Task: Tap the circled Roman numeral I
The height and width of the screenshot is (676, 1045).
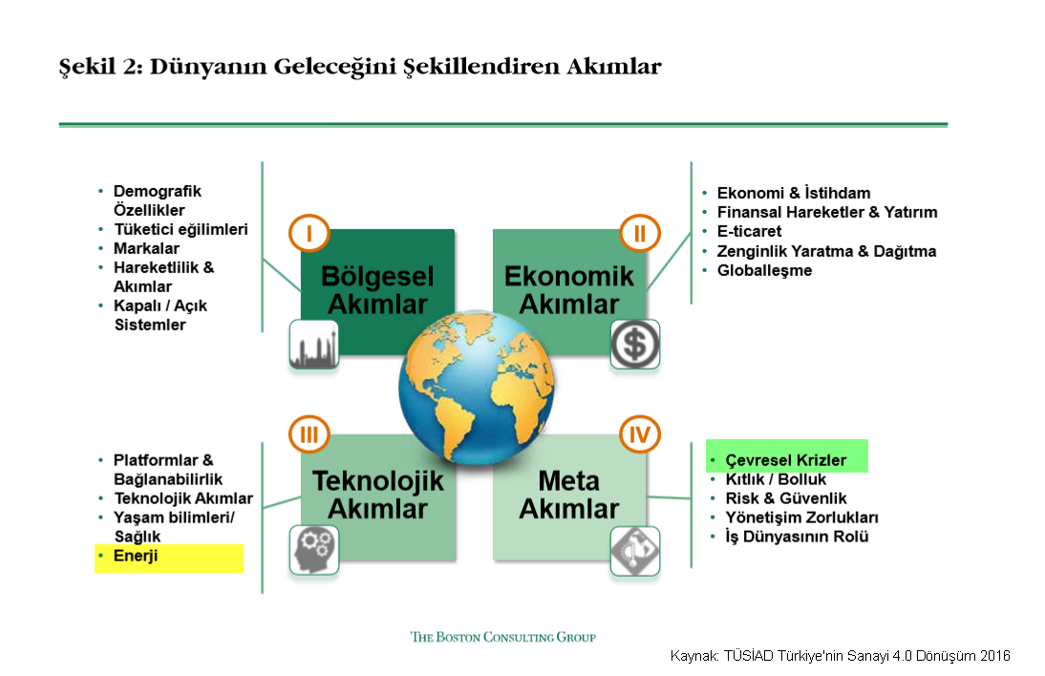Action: pyautogui.click(x=309, y=232)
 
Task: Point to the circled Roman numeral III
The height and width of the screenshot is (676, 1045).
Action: pyautogui.click(x=309, y=435)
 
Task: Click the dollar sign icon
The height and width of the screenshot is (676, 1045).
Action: pyautogui.click(x=634, y=344)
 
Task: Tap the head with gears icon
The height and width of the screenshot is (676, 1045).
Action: pyautogui.click(x=313, y=550)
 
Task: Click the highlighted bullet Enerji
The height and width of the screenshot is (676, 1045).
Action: pyautogui.click(x=135, y=556)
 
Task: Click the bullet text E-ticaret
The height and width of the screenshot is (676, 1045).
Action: pyautogui.click(x=749, y=231)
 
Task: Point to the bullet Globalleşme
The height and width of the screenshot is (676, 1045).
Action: pyautogui.click(x=764, y=270)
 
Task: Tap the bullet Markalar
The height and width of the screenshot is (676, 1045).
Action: pyautogui.click(x=139, y=248)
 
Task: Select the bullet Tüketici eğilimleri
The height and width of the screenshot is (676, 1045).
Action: pyautogui.click(x=181, y=229)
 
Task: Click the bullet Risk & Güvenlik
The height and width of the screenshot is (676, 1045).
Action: pyautogui.click(x=785, y=498)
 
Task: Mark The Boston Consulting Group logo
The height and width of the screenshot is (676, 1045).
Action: pyautogui.click(x=502, y=637)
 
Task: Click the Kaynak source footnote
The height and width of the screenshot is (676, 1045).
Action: pyautogui.click(x=840, y=656)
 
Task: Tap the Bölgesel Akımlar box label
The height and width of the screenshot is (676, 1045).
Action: pyautogui.click(x=377, y=290)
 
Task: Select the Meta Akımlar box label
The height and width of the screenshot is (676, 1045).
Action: pyautogui.click(x=569, y=495)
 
